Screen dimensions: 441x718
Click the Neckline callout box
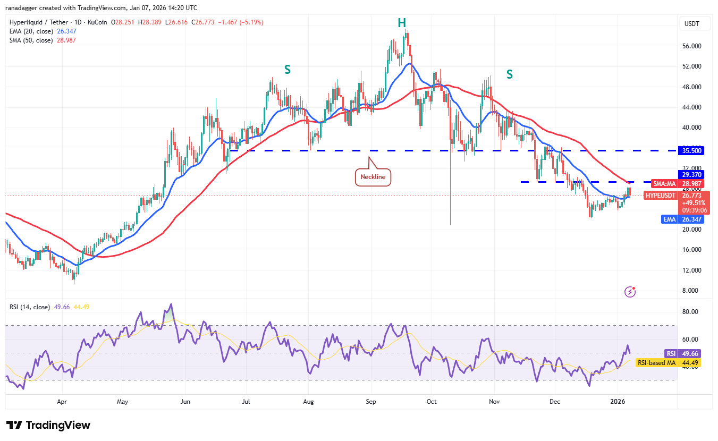[x=373, y=176]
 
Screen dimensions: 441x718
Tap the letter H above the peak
[x=402, y=22]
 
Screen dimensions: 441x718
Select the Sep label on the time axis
[x=371, y=402]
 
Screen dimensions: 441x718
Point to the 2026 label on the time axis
[x=618, y=402]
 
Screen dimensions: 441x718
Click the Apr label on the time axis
[x=62, y=402]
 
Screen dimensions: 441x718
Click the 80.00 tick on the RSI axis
[x=690, y=312]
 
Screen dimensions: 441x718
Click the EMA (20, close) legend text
[x=30, y=31]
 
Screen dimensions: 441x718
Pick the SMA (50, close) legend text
[x=30, y=40]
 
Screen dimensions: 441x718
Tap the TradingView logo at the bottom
[x=48, y=425]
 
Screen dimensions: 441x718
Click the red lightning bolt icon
[x=630, y=291]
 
